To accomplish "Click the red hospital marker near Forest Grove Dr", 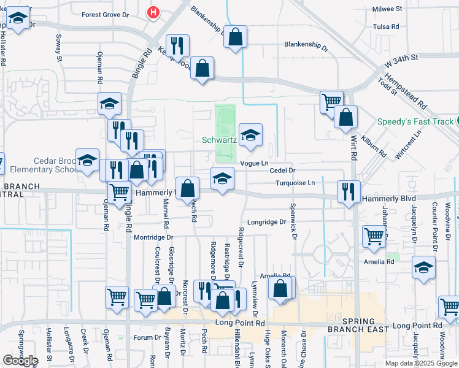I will point(153,12).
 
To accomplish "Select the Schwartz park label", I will point(219,140).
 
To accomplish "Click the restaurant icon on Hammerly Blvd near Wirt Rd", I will point(349,191).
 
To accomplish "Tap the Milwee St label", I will point(387,9).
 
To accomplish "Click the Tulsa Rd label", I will point(385,26).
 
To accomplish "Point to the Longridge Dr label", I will point(267,222).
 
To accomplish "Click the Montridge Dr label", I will point(154,237).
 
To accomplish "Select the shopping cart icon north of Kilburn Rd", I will point(331,101).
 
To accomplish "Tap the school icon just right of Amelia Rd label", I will point(423,267).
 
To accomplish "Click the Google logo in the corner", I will point(20,361).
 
